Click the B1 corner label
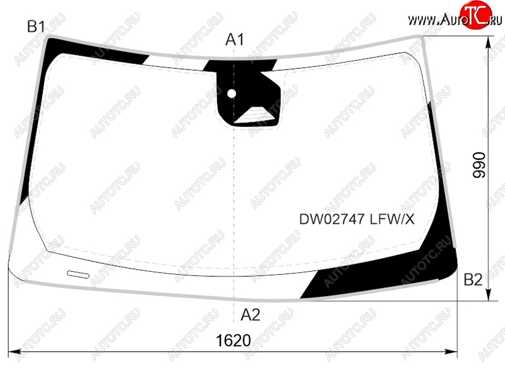click(x=36, y=27)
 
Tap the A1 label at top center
click(x=234, y=40)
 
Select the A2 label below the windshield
click(x=250, y=315)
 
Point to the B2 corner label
click(x=473, y=280)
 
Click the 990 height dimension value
click(x=479, y=165)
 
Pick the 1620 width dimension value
click(x=233, y=340)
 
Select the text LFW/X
click(x=392, y=219)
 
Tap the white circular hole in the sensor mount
click(x=232, y=93)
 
